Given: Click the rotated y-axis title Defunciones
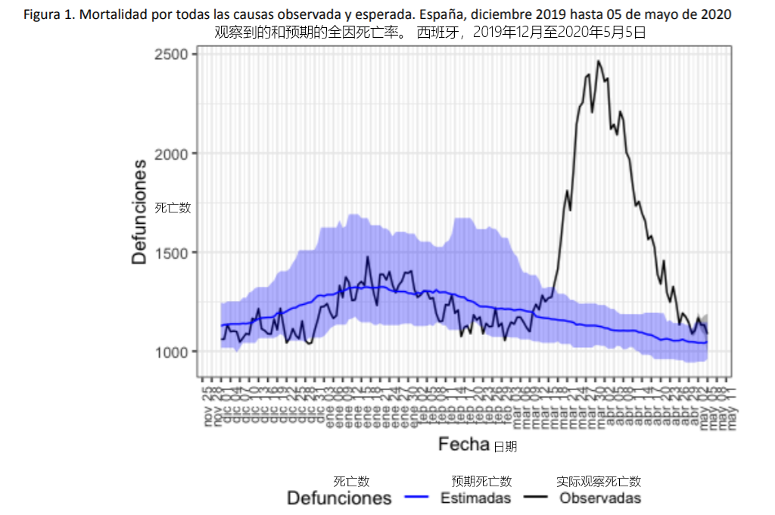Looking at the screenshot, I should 139,211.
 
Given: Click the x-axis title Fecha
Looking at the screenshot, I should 463,445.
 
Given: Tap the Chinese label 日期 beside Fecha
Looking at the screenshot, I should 505,447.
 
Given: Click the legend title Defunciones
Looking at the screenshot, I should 339,498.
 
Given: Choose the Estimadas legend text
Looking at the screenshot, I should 475,498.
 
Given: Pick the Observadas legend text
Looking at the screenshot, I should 600,498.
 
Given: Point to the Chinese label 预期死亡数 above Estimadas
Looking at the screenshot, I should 481,481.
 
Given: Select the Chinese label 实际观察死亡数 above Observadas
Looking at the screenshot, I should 599,481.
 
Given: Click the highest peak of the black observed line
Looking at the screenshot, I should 598,61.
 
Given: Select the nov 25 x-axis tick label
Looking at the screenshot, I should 207,407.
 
